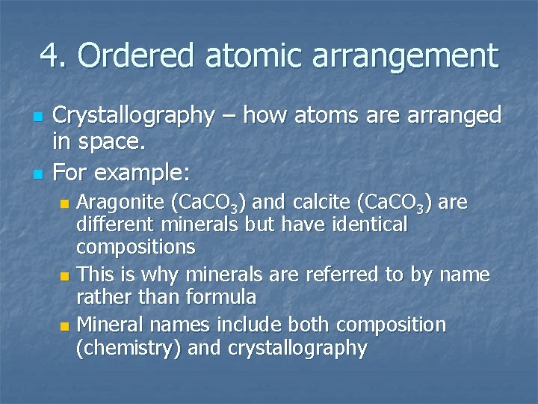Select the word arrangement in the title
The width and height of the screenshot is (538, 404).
click(x=414, y=57)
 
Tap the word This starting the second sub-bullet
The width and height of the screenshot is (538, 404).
click(x=95, y=275)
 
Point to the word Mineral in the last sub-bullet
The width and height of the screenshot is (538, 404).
click(x=109, y=325)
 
